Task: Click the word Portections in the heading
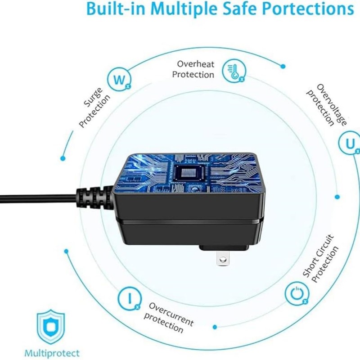coord(308,9)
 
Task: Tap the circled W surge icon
coord(119,79)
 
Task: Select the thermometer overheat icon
coord(234,71)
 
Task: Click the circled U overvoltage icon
coord(350,143)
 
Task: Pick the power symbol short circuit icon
coord(297,294)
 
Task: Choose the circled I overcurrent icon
coord(130,298)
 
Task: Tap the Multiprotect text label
coord(52,353)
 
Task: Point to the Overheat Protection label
coord(193,69)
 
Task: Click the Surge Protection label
coord(94,107)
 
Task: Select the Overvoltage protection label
coord(327,105)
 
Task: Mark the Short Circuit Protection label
coord(320,258)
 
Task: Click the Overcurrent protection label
coord(169,318)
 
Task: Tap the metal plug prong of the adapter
coord(222,258)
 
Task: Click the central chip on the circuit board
coord(189,173)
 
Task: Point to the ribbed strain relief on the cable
coord(94,198)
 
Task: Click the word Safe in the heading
coord(239,9)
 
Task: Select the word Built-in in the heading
coord(116,9)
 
